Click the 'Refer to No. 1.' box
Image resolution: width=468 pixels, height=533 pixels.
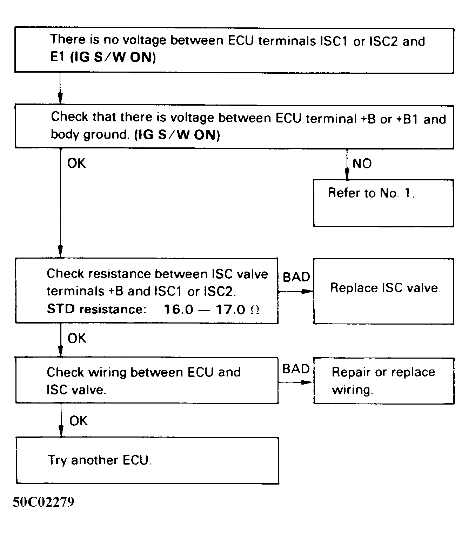coord(383,203)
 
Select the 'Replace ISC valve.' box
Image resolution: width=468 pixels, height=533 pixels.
coord(383,291)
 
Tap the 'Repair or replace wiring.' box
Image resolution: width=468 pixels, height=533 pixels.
coord(383,381)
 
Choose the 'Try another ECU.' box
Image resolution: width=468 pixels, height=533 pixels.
coord(147,460)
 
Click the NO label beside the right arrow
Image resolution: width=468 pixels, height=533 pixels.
coord(362,164)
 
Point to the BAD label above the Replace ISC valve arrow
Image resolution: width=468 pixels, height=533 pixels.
coord(296,277)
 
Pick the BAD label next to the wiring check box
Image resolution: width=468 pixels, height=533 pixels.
coord(296,369)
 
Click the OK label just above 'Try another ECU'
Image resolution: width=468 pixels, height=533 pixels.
coord(78,420)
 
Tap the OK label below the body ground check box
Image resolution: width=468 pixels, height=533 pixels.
coord(76,163)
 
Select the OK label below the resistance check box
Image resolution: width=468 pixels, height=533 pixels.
coord(76,338)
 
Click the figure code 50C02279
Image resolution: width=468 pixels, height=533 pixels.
coord(44,502)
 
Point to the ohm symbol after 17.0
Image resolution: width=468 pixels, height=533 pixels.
coord(255,310)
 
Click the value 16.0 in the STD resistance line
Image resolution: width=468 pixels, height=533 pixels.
coord(178,309)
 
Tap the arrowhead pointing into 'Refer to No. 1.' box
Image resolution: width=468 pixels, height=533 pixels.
coord(347,174)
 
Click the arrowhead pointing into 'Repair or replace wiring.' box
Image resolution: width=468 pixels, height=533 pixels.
coord(307,382)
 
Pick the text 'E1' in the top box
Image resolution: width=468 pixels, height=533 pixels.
coord(58,57)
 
